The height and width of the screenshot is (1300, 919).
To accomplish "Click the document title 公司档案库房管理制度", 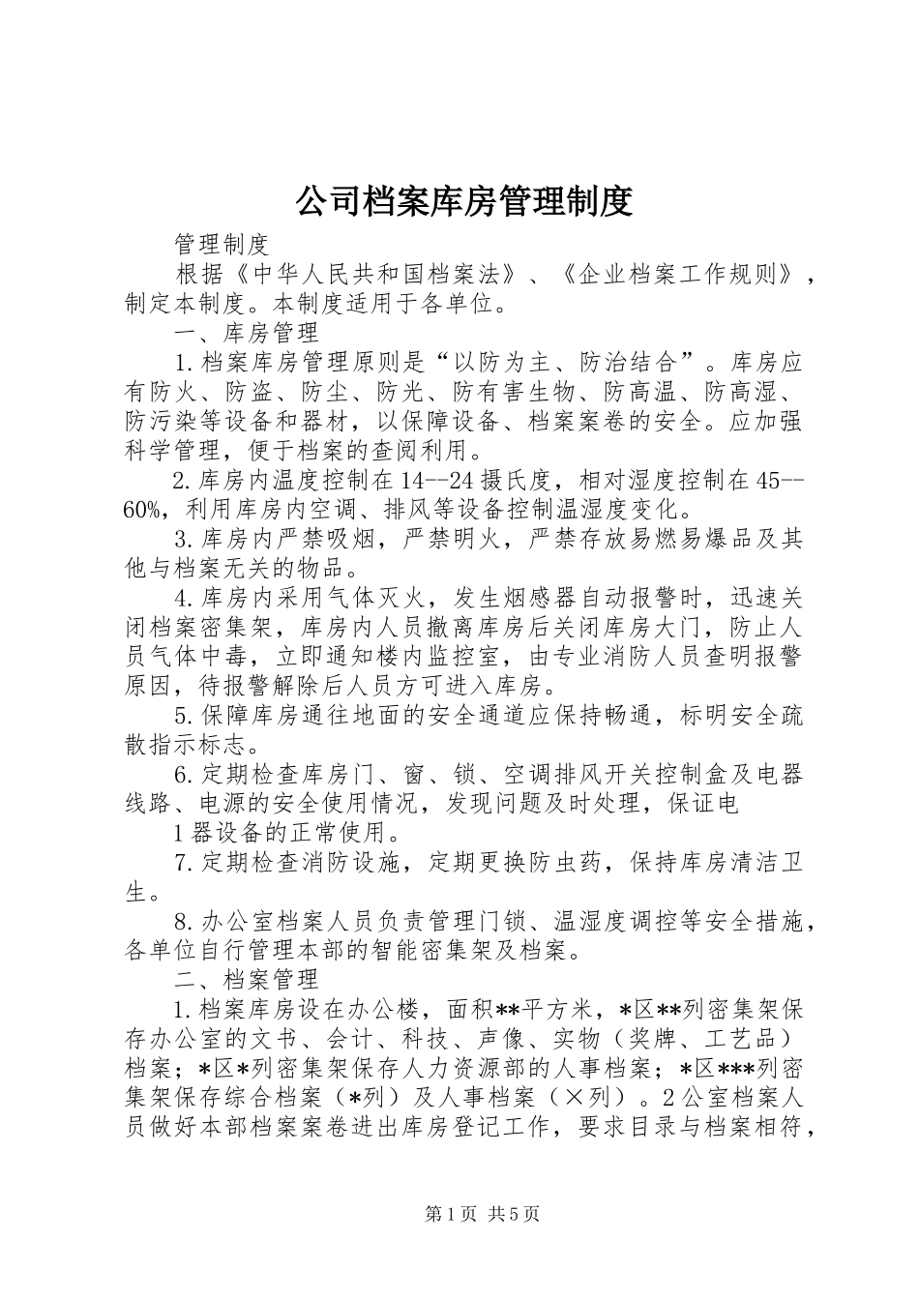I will (x=462, y=200).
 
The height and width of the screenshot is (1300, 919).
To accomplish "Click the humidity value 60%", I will (x=147, y=510).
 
